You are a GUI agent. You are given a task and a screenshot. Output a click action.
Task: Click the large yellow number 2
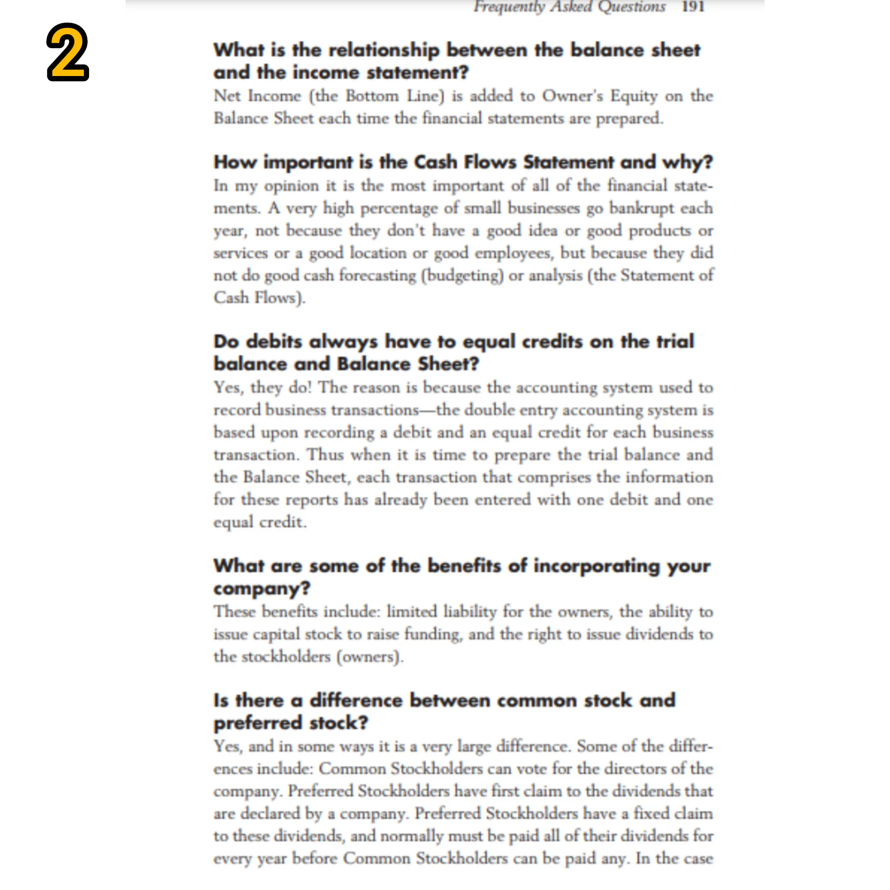click(x=68, y=52)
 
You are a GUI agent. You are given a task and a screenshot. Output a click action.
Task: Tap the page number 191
click(x=693, y=6)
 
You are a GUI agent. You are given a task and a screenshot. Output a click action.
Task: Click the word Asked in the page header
click(x=572, y=6)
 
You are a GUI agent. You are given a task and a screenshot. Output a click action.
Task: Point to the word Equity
click(x=634, y=96)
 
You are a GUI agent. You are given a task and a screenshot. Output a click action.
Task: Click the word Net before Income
click(x=227, y=96)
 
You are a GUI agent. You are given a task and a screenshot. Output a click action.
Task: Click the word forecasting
click(x=377, y=275)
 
